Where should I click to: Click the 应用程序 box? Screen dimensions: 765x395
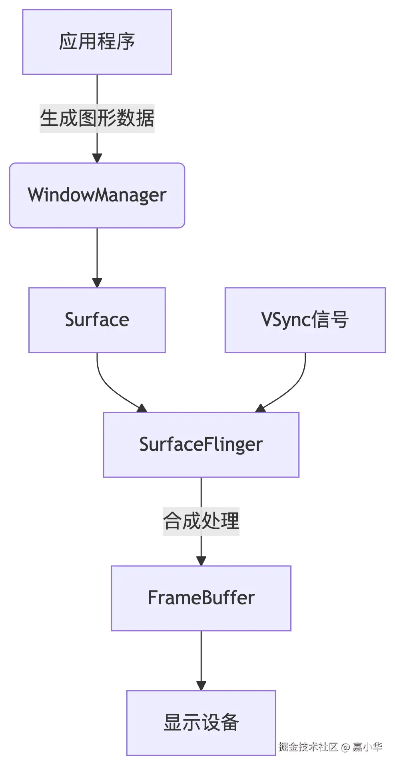point(97,42)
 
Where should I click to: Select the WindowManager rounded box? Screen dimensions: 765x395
point(97,195)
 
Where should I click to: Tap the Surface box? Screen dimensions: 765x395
point(97,320)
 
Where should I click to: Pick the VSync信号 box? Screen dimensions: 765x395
point(305,320)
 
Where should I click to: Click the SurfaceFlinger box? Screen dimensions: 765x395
point(201,444)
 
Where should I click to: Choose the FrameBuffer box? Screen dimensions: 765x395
point(201,598)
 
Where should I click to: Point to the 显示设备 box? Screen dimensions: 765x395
point(201,723)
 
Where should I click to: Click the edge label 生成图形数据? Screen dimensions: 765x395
point(97,118)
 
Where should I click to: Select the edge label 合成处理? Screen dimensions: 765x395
point(201,521)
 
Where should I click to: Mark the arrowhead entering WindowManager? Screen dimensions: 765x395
point(97,158)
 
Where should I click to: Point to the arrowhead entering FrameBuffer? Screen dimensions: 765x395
point(201,561)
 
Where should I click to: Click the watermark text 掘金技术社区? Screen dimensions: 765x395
point(308,747)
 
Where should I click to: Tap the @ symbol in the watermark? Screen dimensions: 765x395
point(345,747)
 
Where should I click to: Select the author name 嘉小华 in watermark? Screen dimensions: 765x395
point(367,747)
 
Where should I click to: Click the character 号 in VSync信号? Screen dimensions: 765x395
point(339,320)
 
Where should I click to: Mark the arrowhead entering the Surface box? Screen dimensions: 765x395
point(97,283)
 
